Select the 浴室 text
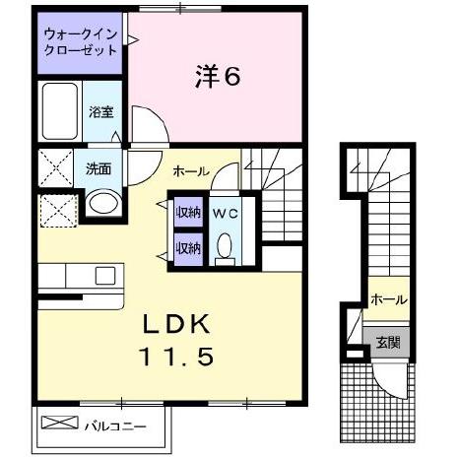point(100,111)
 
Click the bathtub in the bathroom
point(62,111)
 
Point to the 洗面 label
point(97,168)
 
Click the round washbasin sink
point(99,204)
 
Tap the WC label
point(224,213)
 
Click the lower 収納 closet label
point(187,247)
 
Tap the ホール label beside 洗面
point(190,170)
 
